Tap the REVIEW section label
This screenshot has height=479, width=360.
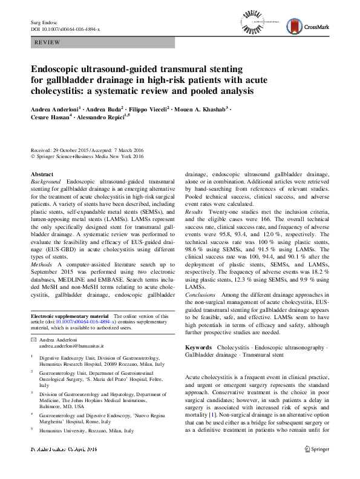pyautogui.click(x=47, y=44)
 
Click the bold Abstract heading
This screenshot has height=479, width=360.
pyautogui.click(x=42, y=174)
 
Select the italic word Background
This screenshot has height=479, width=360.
pyautogui.click(x=46, y=181)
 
